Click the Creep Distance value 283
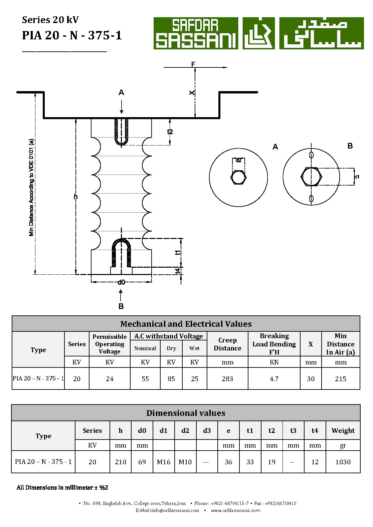point(227,379)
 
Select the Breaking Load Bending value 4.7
point(274,379)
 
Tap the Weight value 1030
point(343,462)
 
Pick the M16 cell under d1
point(164,462)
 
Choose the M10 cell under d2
point(185,462)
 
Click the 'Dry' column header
point(171,348)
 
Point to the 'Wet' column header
point(194,348)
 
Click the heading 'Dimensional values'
point(186,413)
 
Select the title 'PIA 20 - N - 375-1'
point(72,35)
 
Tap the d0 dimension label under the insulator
point(121,282)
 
